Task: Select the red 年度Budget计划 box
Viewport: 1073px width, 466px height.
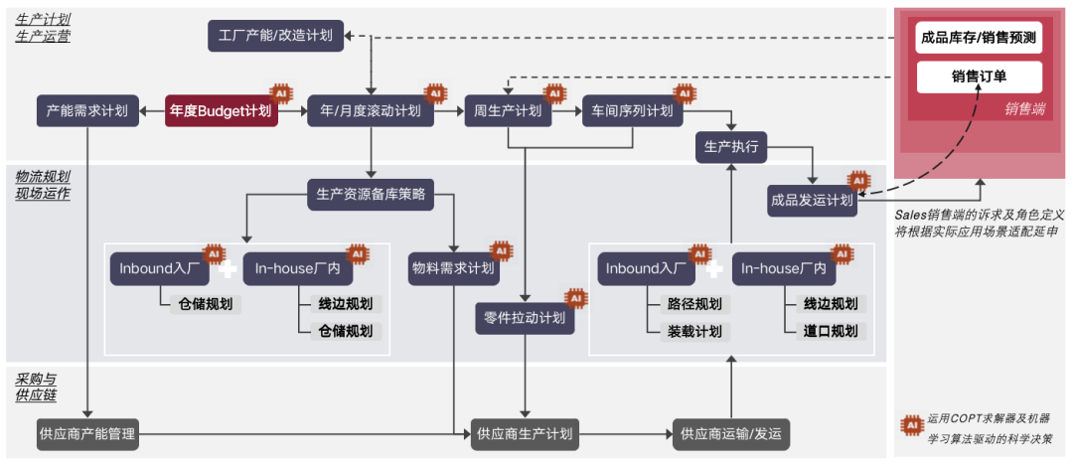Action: point(221,110)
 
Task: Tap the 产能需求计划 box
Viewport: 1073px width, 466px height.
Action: point(87,110)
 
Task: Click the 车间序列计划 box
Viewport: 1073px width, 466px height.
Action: point(632,110)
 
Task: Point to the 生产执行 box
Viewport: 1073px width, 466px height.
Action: point(730,147)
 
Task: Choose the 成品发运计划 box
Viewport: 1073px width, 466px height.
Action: point(812,199)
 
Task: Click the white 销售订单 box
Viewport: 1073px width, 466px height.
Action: point(979,77)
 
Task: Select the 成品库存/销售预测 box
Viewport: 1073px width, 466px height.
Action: point(979,40)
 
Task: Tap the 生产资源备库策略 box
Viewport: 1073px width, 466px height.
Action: point(371,195)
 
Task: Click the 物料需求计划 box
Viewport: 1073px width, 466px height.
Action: point(453,268)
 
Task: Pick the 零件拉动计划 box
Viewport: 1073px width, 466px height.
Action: point(525,318)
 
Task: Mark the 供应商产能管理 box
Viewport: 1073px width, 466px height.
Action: point(87,433)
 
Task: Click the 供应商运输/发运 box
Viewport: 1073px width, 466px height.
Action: point(731,433)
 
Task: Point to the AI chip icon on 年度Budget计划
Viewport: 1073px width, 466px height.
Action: point(280,92)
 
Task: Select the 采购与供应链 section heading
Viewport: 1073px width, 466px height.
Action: point(37,387)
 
